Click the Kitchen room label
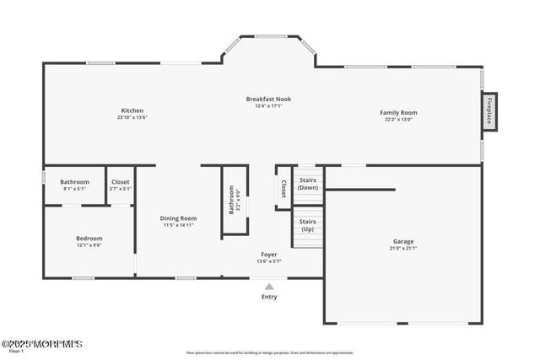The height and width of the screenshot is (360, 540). [x=132, y=110]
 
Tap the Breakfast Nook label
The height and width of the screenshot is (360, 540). [x=268, y=99]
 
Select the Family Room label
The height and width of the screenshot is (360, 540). [x=398, y=112]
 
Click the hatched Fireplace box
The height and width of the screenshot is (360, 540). [x=489, y=110]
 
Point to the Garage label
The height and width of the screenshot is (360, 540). [x=402, y=241]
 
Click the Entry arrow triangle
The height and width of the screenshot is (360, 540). [x=269, y=287]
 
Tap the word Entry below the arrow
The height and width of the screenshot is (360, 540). [x=269, y=297]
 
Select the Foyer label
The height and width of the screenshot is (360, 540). [x=269, y=254]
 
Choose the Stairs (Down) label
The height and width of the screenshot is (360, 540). [x=309, y=183]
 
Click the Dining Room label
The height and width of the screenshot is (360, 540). [x=178, y=218]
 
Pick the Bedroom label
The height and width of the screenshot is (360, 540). [x=89, y=238]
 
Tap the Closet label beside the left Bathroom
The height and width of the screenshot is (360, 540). [x=121, y=181]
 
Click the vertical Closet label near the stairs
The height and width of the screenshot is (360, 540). [x=284, y=189]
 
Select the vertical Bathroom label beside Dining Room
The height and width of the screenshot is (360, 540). [x=232, y=201]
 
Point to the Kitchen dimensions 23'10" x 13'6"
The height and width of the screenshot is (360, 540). [x=132, y=118]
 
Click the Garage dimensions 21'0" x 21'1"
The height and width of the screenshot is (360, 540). [x=402, y=249]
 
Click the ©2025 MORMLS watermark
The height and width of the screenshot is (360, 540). [x=41, y=344]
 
